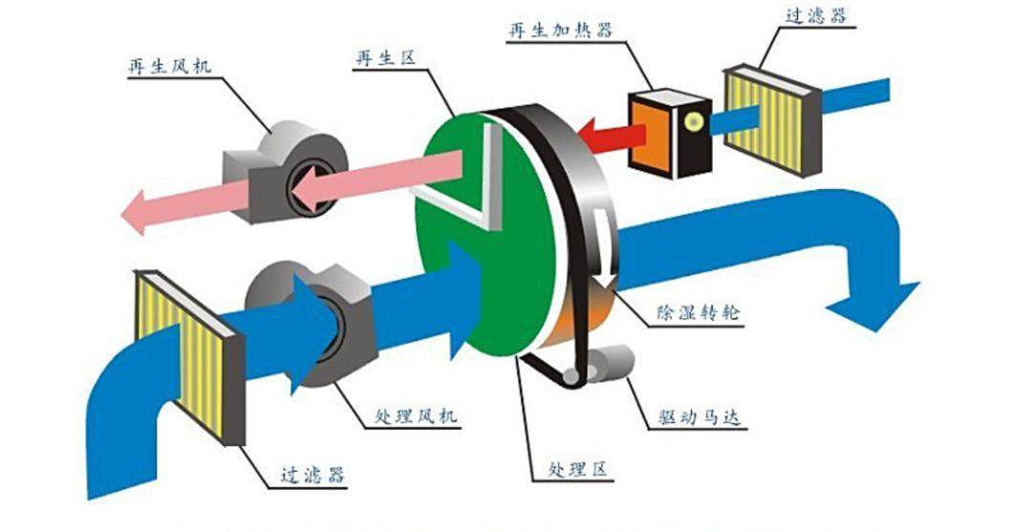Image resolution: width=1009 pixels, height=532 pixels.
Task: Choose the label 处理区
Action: [580, 470]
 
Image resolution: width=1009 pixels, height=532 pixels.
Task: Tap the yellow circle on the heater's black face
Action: [691, 120]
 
